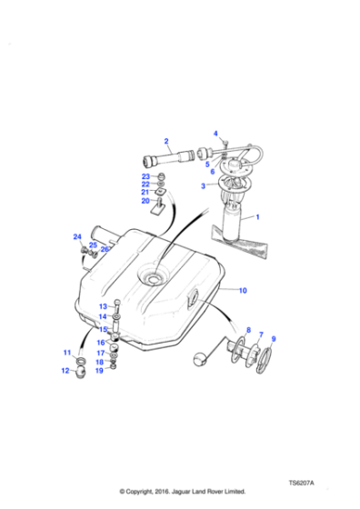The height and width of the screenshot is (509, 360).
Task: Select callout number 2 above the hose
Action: [166, 141]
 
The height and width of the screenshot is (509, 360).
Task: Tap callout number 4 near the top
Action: [215, 135]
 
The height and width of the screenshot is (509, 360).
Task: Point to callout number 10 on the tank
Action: [243, 290]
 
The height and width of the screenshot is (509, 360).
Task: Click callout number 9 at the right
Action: [274, 339]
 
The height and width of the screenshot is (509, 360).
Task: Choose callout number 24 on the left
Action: [77, 238]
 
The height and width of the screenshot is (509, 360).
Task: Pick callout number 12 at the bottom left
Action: [65, 371]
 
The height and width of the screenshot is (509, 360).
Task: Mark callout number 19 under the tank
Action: [101, 371]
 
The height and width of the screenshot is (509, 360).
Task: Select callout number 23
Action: [145, 175]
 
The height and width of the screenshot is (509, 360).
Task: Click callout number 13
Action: [103, 305]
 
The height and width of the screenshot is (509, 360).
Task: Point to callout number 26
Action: [105, 249]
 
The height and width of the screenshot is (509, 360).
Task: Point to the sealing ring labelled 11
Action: [82, 363]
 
